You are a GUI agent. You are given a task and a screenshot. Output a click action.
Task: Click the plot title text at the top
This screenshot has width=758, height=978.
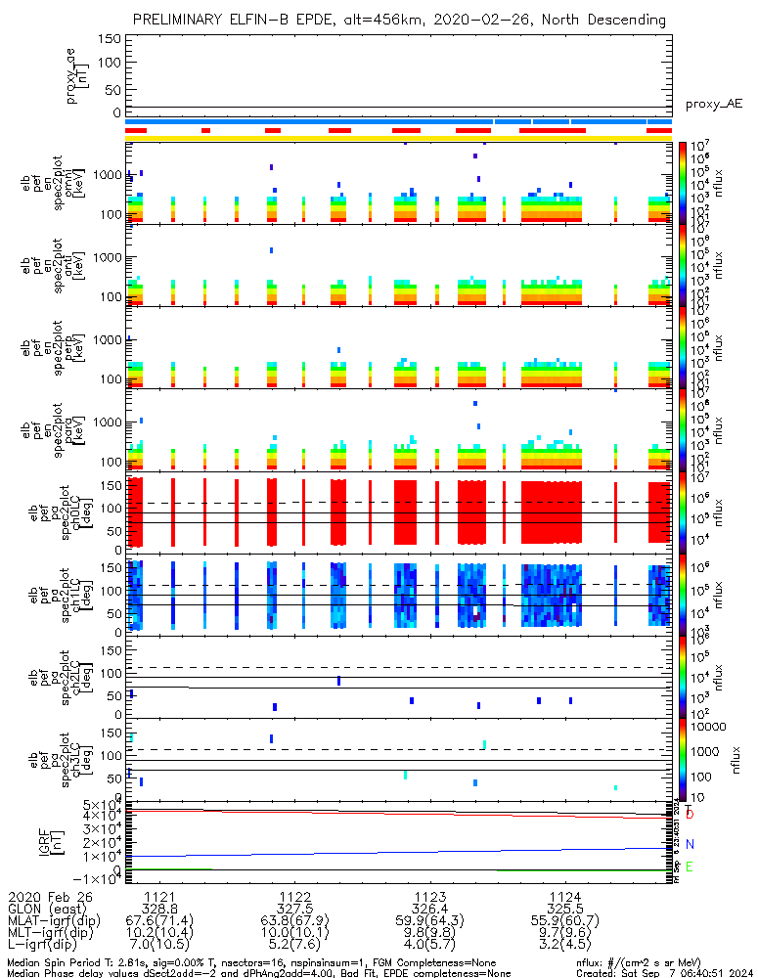click(399, 20)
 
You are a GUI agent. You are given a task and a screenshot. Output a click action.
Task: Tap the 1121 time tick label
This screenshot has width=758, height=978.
click(160, 896)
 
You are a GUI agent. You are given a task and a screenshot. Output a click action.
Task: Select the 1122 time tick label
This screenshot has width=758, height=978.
click(295, 896)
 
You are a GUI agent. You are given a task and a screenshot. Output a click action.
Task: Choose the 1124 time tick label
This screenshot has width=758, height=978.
click(565, 896)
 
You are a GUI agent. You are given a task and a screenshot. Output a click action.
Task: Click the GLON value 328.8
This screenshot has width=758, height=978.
click(160, 909)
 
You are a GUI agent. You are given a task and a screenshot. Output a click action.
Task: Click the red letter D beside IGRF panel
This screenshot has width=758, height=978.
click(691, 814)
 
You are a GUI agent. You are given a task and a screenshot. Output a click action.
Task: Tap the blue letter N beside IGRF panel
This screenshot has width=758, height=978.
click(691, 844)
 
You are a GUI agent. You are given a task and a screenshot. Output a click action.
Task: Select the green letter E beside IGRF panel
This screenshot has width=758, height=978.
click(691, 867)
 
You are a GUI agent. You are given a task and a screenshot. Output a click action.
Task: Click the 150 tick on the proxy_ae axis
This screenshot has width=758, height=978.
click(110, 39)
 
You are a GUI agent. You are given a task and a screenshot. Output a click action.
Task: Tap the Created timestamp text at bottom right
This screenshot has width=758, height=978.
click(664, 973)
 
